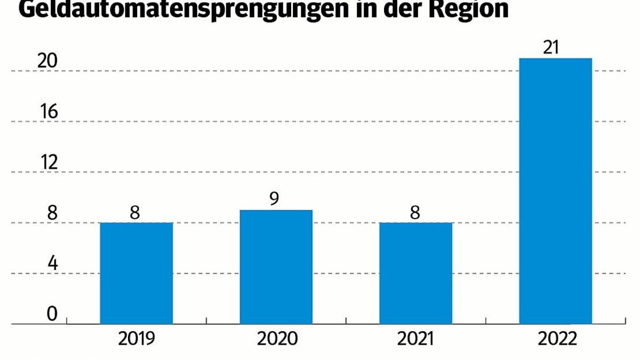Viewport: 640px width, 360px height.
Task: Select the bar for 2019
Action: coord(136,273)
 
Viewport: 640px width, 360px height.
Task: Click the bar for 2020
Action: coord(276,267)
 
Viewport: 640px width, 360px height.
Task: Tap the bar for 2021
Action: coord(415,273)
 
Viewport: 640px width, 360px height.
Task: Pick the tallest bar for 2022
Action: coord(555,191)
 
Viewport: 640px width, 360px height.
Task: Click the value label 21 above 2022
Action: coord(555,47)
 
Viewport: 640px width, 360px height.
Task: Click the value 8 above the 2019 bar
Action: coord(135,212)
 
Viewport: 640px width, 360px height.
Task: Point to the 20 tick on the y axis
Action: coord(47,61)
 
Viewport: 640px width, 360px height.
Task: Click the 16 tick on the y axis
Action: coord(47,113)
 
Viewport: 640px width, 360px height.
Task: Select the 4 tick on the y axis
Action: coord(52,263)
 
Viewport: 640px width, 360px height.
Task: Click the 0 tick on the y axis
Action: coord(52,314)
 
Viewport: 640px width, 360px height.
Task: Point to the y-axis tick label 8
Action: coord(52,213)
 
